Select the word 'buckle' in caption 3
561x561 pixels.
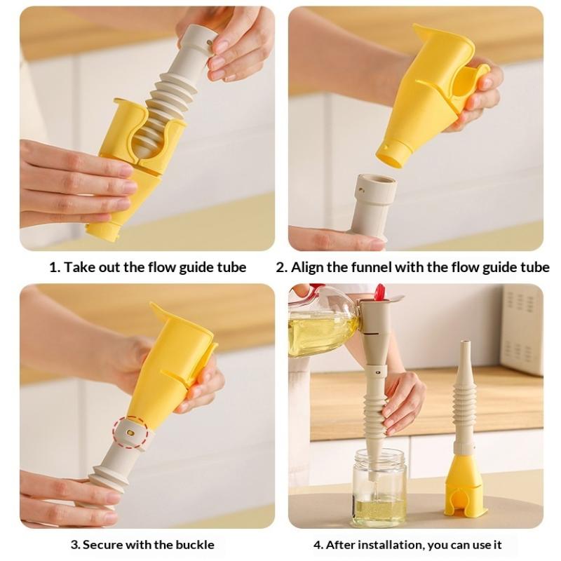(195, 545)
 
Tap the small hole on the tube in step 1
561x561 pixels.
(208, 42)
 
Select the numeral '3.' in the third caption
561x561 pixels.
(75, 545)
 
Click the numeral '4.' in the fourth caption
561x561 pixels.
(318, 546)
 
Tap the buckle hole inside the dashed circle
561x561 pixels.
(130, 433)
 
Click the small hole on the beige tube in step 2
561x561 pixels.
(363, 190)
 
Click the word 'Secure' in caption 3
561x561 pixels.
(103, 545)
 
